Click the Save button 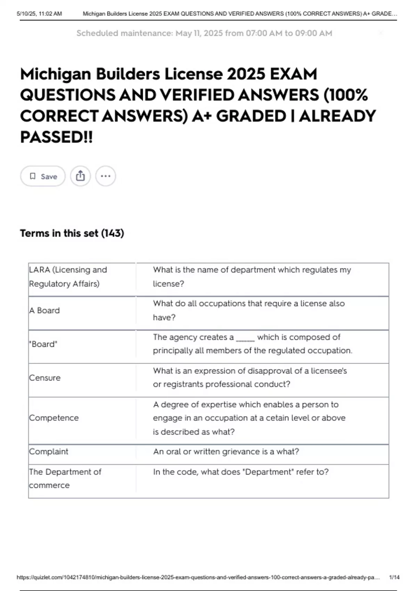(x=43, y=176)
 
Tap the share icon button (x=80, y=176)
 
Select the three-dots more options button (x=106, y=176)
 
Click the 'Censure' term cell (x=45, y=378)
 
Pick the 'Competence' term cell (x=54, y=418)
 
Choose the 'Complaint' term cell (x=49, y=452)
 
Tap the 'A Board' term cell (x=44, y=310)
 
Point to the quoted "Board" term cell (x=43, y=344)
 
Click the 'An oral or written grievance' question (x=226, y=452)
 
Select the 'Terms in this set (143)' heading (x=72, y=233)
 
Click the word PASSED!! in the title (x=56, y=137)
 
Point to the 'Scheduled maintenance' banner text (x=204, y=33)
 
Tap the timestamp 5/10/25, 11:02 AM (x=39, y=14)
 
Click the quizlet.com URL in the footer (x=198, y=577)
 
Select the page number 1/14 (x=394, y=577)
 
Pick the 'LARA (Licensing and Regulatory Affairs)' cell (x=68, y=277)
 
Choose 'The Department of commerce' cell (x=65, y=478)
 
